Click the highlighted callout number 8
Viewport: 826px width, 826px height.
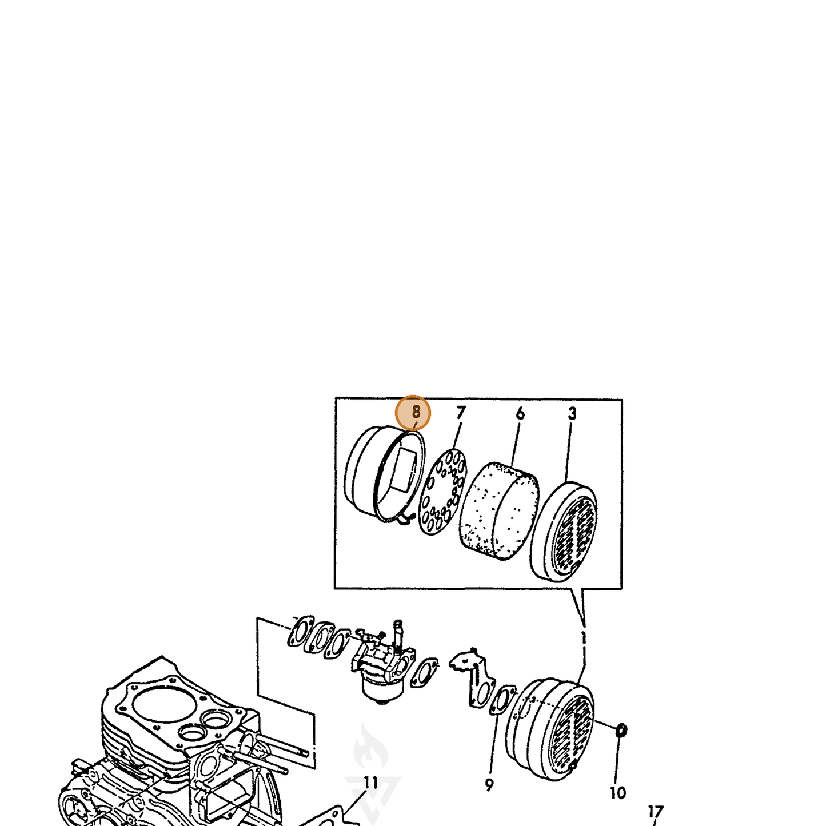pos(416,412)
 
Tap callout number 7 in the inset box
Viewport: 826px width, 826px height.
pos(460,413)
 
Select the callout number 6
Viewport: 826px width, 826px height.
pos(520,414)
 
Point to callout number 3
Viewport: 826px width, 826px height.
pos(572,413)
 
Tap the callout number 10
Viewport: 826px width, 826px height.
pos(618,793)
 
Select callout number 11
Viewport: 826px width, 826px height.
pos(370,783)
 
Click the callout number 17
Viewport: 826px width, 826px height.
pos(656,812)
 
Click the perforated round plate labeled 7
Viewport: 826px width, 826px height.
pos(442,491)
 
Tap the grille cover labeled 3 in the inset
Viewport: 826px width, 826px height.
pos(563,531)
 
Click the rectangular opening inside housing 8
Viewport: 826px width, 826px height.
pos(405,470)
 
